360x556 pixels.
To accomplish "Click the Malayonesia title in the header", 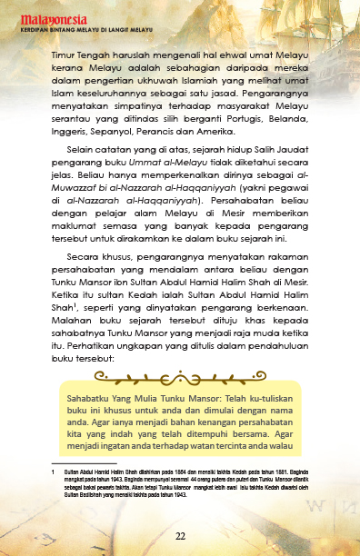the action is tap(45, 15).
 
